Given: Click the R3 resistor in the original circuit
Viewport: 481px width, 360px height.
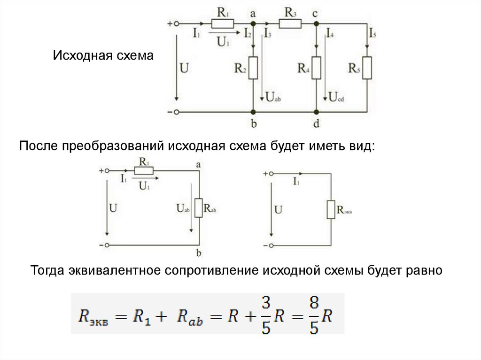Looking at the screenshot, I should (x=290, y=23).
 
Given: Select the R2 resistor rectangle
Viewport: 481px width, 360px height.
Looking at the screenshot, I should (x=253, y=68).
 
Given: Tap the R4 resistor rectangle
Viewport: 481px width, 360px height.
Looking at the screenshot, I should (x=316, y=68).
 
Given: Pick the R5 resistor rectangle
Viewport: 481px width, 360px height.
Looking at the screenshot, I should (x=367, y=68).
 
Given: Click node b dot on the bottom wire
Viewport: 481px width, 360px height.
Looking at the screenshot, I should (x=253, y=112).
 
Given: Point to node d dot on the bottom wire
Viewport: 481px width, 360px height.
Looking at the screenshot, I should (x=316, y=112).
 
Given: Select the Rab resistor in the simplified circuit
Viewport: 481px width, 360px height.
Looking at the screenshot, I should (x=199, y=207).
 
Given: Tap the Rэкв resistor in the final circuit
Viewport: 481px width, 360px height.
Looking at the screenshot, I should (x=331, y=209).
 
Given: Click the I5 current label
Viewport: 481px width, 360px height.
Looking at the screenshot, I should (x=372, y=34).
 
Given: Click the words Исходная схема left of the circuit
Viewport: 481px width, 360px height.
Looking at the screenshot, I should (x=103, y=56).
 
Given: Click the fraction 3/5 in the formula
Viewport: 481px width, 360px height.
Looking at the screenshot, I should (x=266, y=314).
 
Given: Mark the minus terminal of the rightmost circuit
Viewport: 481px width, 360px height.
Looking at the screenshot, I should (x=270, y=245).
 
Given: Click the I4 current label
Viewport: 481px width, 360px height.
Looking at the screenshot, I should (x=330, y=34).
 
